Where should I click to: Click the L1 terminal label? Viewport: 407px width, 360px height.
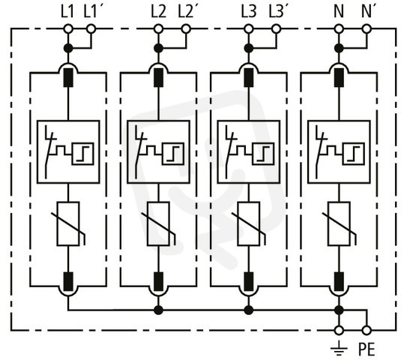[x=67, y=12]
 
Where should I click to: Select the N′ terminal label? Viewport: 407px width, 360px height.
[x=367, y=12]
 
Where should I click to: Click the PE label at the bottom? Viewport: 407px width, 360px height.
[x=367, y=349]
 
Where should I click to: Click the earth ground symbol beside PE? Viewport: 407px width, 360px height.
[x=339, y=349]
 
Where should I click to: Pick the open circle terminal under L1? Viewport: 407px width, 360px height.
[x=68, y=28]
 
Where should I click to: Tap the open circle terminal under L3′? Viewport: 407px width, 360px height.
[x=276, y=28]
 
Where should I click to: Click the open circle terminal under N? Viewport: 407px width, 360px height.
[x=339, y=28]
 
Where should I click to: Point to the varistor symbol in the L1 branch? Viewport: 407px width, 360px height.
[x=68, y=223]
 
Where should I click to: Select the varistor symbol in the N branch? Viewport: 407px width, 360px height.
[x=339, y=223]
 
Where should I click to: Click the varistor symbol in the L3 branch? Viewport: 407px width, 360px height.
[x=249, y=223]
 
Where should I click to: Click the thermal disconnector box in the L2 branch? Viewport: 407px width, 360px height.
[x=158, y=152]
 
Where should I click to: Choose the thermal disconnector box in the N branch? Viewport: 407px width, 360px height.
[x=339, y=152]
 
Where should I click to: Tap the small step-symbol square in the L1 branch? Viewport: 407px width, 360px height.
[x=82, y=154]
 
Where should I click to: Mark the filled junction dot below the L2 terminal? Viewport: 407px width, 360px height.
[x=158, y=48]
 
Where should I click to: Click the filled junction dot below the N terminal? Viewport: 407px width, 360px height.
[x=339, y=48]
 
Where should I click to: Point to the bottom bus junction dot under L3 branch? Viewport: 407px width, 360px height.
[x=249, y=310]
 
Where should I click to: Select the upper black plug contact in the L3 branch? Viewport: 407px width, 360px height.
[x=249, y=77]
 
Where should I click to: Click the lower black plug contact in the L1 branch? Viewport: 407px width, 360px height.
[x=68, y=281]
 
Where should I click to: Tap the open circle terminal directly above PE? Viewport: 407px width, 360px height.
[x=367, y=331]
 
